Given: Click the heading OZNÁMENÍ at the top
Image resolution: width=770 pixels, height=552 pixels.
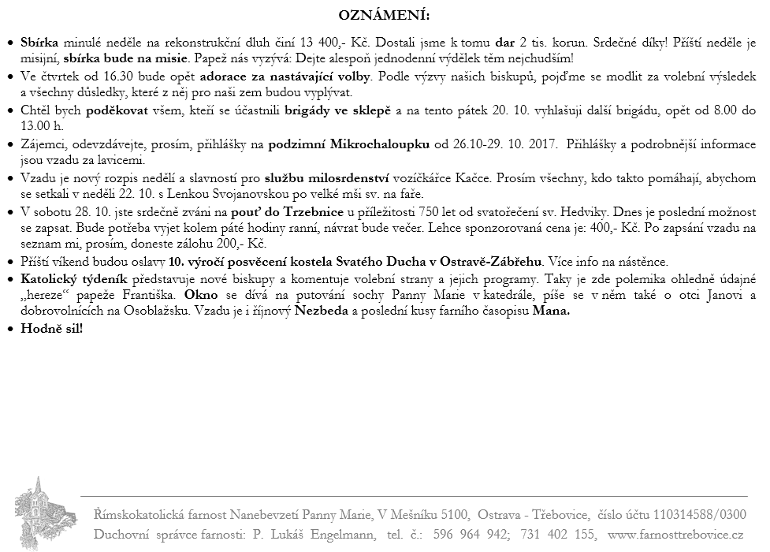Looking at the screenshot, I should (x=385, y=15).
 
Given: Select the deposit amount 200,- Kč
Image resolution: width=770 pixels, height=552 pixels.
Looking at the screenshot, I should (x=243, y=244).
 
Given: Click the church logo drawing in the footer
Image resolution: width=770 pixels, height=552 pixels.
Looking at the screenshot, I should (x=37, y=512).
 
